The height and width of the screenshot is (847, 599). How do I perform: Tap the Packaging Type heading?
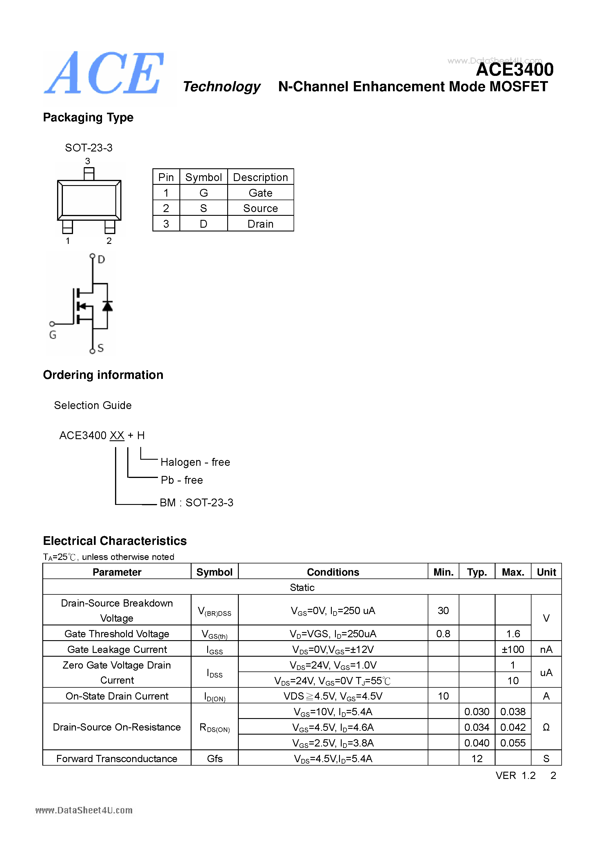click(x=88, y=118)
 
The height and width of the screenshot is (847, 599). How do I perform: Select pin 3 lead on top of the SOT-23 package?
click(x=89, y=174)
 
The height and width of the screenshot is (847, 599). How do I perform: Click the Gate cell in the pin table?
click(x=260, y=193)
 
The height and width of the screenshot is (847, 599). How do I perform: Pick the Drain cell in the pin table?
click(x=260, y=224)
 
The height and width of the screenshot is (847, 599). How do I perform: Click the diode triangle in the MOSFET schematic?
click(x=108, y=306)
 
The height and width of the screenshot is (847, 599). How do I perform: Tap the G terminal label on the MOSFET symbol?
click(x=53, y=335)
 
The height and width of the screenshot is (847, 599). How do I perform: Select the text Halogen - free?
click(x=195, y=462)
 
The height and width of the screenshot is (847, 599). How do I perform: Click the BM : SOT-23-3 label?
click(x=196, y=503)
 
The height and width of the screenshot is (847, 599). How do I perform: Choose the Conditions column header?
click(x=333, y=572)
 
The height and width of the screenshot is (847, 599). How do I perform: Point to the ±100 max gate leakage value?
click(x=513, y=649)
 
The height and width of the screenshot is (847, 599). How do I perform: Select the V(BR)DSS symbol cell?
click(x=214, y=611)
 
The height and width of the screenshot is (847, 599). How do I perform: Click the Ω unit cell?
click(x=546, y=727)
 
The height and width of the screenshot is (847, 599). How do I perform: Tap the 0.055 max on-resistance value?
click(x=513, y=743)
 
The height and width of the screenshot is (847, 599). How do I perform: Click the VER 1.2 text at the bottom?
click(x=515, y=775)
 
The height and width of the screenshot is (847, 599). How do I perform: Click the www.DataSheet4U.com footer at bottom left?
click(x=84, y=810)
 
